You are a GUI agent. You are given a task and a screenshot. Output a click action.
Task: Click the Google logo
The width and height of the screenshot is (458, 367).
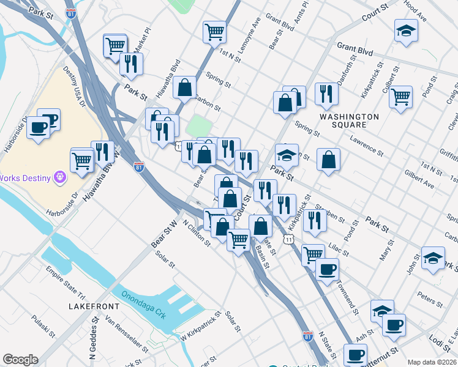20,360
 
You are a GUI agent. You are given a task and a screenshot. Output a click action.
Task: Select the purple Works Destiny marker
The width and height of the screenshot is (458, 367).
59,177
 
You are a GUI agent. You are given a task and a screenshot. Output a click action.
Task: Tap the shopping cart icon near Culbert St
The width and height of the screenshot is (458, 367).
400,96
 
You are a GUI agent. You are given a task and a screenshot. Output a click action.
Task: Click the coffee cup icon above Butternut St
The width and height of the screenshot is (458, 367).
393,324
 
